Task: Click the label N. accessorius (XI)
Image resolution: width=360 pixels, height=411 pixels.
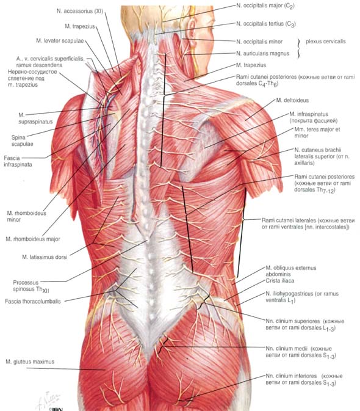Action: tap(80, 11)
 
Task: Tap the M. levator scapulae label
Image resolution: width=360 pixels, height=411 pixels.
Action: tap(60, 41)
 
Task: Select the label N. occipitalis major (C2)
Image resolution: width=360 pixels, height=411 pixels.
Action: tap(265, 5)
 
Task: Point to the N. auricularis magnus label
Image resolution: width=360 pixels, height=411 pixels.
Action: tap(262, 54)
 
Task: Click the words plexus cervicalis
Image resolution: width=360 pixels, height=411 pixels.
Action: tap(325, 42)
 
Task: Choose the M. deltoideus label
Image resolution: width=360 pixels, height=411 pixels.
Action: tap(292, 100)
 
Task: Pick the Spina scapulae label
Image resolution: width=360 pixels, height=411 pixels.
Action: tap(22, 140)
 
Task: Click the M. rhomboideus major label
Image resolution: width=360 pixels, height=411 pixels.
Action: tap(33, 239)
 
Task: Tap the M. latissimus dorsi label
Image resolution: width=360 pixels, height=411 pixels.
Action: tap(45, 257)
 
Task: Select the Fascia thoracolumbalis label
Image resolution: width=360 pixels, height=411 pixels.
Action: tap(33, 302)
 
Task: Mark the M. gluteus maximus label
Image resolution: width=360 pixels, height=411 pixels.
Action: tap(30, 362)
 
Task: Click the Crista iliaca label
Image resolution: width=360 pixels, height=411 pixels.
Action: tap(279, 281)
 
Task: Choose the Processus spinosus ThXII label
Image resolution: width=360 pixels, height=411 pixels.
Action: tap(31, 286)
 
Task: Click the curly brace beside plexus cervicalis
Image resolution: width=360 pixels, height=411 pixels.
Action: tap(298, 48)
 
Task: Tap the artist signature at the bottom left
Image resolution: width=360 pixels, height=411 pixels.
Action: tap(49, 400)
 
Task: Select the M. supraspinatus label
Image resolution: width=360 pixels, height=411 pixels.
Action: tap(35, 118)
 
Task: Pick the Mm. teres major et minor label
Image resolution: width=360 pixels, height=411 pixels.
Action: tap(317, 133)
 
